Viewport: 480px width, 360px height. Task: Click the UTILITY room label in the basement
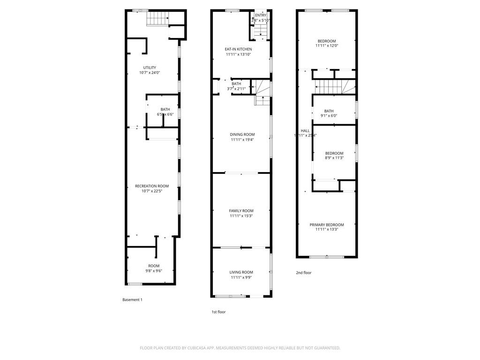click(150, 67)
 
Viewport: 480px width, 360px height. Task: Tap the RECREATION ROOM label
click(149, 186)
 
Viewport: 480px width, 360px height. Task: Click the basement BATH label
click(165, 109)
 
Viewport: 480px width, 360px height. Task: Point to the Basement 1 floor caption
click(132, 300)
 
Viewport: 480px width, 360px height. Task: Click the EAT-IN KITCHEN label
click(238, 49)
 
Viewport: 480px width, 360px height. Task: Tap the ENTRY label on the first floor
click(260, 15)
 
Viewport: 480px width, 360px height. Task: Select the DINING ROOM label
click(242, 135)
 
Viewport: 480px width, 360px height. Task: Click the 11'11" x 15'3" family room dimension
click(241, 216)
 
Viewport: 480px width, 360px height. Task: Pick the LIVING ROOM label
click(241, 272)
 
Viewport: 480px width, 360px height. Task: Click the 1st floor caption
click(218, 312)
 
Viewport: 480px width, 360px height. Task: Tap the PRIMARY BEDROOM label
click(327, 225)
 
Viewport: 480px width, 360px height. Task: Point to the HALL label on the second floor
click(305, 131)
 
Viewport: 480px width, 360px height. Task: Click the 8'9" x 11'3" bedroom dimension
click(334, 158)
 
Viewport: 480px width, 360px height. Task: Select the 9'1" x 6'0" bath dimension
click(329, 116)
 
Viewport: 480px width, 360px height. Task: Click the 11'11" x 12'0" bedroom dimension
click(326, 46)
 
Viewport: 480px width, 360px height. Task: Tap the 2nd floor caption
click(303, 272)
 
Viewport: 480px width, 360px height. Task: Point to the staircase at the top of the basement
click(157, 19)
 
